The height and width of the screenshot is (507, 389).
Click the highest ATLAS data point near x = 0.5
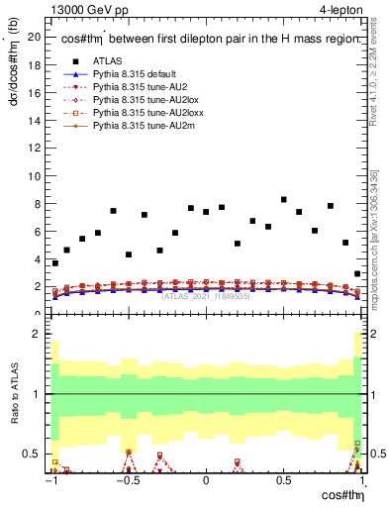(x=283, y=200)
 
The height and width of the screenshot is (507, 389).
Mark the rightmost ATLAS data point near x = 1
(x=356, y=273)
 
